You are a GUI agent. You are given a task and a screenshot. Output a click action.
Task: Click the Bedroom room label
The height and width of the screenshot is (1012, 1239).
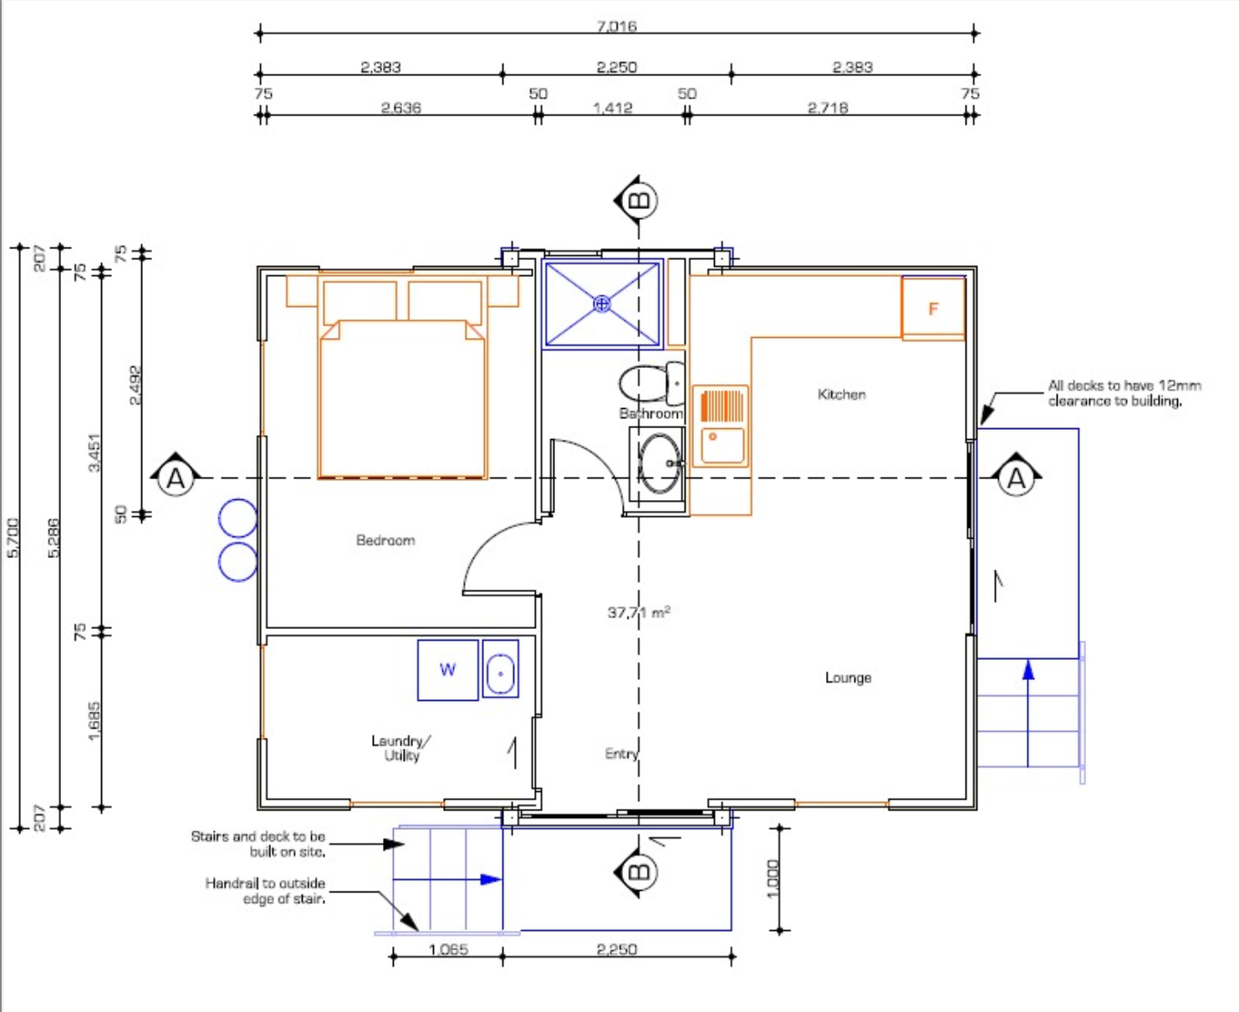pos(385,540)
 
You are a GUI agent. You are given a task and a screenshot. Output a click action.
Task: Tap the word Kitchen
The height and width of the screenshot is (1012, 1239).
pos(841,394)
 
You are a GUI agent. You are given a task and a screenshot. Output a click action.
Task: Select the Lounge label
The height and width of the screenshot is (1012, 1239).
pos(848,677)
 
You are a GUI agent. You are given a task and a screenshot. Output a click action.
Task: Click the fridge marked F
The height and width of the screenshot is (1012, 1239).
pos(933,309)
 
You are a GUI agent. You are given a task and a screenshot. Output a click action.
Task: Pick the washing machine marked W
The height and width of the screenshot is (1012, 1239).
pos(447,670)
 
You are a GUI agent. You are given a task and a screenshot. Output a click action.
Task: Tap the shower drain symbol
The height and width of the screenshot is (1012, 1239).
pos(602,304)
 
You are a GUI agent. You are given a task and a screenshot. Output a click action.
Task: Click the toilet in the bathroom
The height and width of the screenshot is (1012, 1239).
pos(651,383)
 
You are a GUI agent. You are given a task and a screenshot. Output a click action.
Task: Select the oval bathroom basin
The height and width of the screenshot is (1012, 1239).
pos(659,463)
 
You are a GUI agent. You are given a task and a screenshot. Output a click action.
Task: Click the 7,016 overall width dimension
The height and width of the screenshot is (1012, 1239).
pos(616,26)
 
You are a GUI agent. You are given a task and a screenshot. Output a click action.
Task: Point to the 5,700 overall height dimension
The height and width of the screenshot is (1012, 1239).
pos(13,537)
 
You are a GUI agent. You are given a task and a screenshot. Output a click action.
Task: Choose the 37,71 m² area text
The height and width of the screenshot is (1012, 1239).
pos(639,612)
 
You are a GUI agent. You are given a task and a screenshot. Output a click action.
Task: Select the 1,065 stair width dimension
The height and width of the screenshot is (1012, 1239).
pos(448,949)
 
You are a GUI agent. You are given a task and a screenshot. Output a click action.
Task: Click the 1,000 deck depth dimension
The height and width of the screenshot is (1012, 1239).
pos(773,878)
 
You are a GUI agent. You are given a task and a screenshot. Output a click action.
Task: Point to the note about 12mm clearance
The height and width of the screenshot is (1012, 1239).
pos(1124,393)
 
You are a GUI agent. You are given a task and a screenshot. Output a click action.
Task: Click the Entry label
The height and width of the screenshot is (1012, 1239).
pos(621,754)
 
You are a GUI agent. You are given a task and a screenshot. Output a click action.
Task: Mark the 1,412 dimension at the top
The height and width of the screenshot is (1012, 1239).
pos(613,108)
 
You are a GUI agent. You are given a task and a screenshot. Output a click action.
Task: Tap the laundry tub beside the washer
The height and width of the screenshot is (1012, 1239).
pos(501,669)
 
